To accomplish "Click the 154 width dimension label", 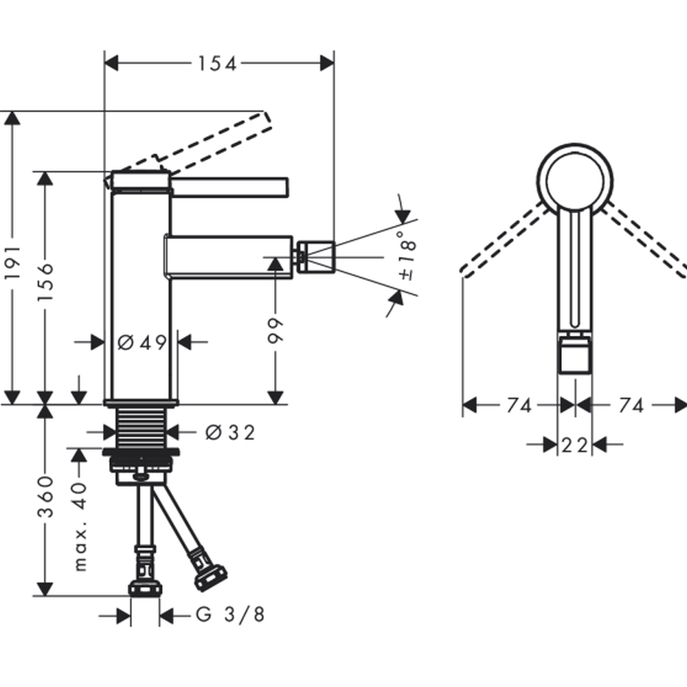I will coord(217,64).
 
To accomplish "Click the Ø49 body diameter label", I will coord(142,341).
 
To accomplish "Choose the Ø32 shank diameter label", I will coord(230,432).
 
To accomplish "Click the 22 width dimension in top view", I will coord(574,445).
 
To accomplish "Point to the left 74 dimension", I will coord(519,405).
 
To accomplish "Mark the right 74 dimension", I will coord(630,405).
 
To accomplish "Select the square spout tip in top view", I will coord(575,357).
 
